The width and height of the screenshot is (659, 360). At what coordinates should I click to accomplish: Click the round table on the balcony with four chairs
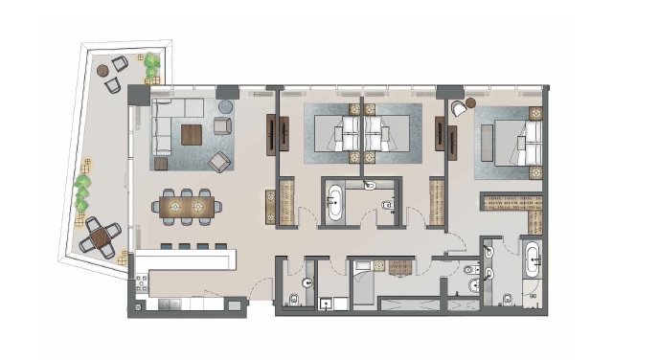pos(100,236)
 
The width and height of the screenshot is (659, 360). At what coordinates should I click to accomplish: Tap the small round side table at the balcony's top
pos(102,71)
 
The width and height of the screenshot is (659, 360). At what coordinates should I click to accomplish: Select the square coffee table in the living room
pos(192,134)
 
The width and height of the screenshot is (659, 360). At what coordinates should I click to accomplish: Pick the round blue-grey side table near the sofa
pos(226,106)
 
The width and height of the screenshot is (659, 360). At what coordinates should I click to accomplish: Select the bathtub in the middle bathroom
pos(336,203)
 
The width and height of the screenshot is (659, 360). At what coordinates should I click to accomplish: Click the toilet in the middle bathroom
pos(387,204)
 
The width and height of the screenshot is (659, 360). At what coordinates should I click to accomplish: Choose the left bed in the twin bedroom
pos(339,135)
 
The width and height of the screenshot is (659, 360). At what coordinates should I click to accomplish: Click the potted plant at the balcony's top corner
pos(151,64)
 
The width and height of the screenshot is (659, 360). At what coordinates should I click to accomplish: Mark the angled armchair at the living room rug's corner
pos(219,160)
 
